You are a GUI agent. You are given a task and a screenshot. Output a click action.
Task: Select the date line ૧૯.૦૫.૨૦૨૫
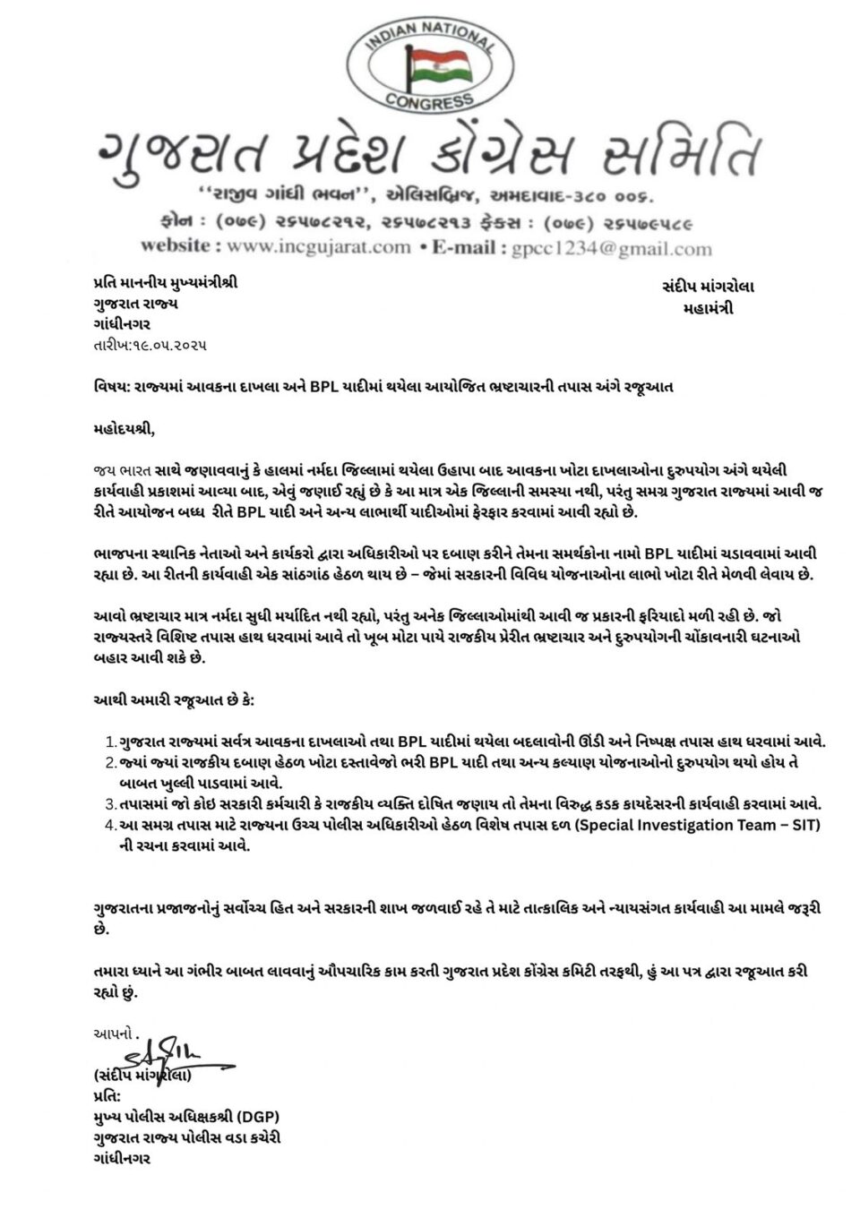[149, 345]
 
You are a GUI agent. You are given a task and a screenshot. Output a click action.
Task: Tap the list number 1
[110, 742]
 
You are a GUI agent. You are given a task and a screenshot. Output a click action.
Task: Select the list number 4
[110, 825]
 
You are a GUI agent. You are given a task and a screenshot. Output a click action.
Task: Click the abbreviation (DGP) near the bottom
[268, 1117]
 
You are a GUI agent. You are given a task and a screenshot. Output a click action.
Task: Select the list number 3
[110, 804]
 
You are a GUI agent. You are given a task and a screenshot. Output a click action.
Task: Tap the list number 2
[110, 762]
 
